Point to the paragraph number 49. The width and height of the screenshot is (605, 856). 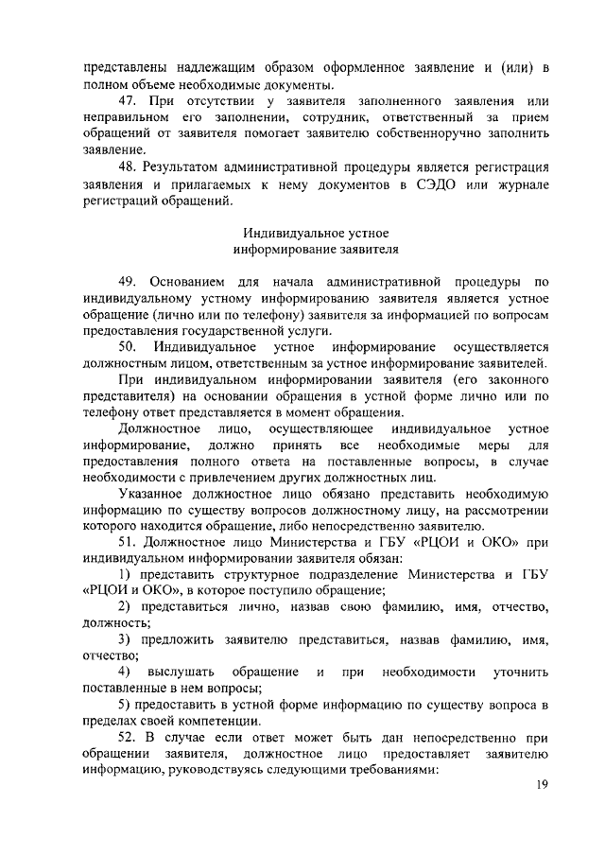pyautogui.click(x=128, y=281)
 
